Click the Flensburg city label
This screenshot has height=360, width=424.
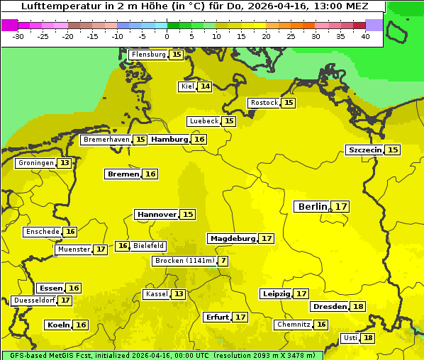coord(149,55)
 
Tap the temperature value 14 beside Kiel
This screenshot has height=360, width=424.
coord(205,86)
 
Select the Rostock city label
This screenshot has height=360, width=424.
coord(264,103)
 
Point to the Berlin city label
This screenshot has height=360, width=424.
coord(312,206)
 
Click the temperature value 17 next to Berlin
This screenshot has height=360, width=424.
coord(342,206)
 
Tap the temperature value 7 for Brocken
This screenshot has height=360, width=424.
coord(223,261)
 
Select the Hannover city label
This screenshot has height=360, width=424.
coord(157,214)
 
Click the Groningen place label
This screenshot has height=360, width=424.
coord(35,163)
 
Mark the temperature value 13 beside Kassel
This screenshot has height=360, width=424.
coord(179,294)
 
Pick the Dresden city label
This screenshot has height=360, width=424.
coord(329,307)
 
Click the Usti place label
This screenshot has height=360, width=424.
coord(350,338)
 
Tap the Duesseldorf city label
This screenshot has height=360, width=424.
coord(34,300)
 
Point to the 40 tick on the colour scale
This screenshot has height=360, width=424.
coord(365,36)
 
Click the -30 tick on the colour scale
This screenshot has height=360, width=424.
coord(18,36)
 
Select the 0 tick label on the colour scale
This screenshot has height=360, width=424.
coord(167,36)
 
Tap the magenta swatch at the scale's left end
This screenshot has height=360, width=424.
coord(9,25)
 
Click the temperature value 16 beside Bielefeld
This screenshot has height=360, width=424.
coord(123,246)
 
